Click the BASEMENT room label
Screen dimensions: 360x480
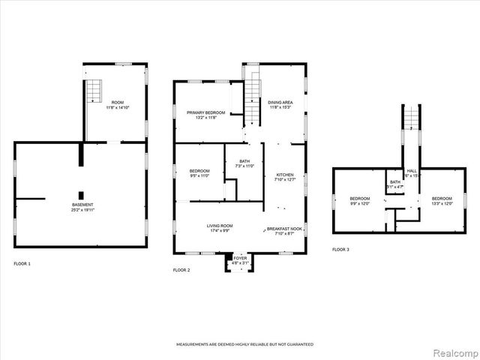click(82, 204)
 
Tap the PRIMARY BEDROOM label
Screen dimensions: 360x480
click(206, 112)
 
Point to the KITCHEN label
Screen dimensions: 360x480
click(285, 174)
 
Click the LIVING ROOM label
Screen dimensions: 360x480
click(220, 226)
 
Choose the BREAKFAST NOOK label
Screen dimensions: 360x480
click(285, 229)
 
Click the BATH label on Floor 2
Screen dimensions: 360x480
click(244, 160)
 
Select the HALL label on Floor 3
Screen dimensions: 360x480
click(412, 170)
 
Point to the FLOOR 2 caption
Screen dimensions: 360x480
click(182, 269)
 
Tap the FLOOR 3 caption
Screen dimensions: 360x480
click(341, 250)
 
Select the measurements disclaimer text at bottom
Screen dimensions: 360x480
click(244, 344)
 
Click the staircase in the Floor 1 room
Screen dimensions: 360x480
click(94, 91)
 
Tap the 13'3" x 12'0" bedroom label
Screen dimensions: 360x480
click(441, 200)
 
